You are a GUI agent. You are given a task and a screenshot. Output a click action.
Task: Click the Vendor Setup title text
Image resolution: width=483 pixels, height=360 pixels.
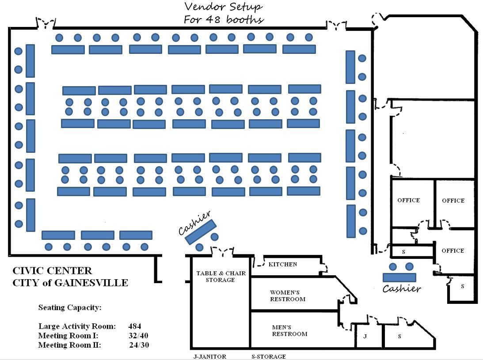click(x=223, y=7)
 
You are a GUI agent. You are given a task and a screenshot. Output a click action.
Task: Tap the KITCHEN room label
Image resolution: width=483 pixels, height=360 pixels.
click(x=283, y=264)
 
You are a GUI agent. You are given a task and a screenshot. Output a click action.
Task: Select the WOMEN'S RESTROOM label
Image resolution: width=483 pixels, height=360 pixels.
click(x=288, y=296)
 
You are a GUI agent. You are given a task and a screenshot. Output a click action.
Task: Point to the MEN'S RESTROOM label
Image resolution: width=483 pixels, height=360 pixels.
click(x=289, y=330)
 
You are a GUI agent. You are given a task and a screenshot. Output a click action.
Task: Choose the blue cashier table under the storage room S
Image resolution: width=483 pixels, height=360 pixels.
click(x=399, y=277)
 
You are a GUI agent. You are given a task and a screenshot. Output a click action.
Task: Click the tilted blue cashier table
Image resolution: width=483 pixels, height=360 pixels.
click(x=200, y=232)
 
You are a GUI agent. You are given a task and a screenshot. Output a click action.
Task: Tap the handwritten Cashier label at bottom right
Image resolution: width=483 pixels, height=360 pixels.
click(x=401, y=289)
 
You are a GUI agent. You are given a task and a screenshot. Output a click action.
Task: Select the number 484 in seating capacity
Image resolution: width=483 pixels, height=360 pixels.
click(x=135, y=326)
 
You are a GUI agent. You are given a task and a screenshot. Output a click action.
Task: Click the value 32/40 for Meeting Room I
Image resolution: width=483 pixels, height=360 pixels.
click(x=139, y=336)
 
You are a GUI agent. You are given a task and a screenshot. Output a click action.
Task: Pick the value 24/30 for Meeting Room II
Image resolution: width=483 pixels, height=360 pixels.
click(x=139, y=345)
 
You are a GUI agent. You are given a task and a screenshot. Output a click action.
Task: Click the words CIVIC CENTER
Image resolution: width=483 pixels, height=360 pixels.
click(x=52, y=271)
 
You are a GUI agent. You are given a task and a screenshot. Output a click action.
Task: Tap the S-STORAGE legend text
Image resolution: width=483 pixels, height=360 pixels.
click(x=268, y=356)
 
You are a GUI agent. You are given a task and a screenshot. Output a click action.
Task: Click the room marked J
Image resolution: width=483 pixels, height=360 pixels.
click(x=365, y=337)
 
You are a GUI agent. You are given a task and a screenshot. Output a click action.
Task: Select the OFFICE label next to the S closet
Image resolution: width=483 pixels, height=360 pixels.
click(x=453, y=250)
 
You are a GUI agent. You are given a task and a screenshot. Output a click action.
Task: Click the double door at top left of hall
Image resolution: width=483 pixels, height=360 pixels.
click(x=46, y=23)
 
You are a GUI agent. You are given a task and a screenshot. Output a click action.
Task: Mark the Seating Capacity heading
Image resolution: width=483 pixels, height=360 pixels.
click(x=70, y=307)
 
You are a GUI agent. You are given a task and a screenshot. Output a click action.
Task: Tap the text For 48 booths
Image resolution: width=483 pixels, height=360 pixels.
click(x=224, y=19)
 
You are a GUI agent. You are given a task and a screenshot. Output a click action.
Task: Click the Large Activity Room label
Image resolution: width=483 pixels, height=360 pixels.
click(x=77, y=326)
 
